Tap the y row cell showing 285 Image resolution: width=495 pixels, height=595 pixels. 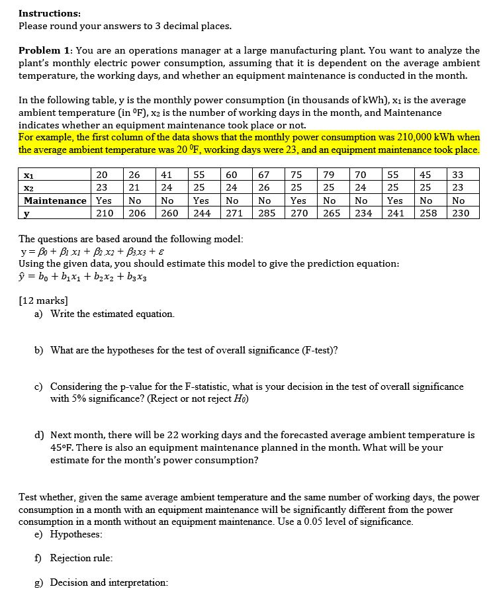coord(267,213)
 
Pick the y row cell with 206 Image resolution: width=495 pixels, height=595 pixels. coord(137,213)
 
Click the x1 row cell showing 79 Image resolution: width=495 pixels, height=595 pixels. coord(329,175)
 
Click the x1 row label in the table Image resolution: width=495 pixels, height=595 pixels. coord(28,175)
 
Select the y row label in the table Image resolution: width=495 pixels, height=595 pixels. coord(26,213)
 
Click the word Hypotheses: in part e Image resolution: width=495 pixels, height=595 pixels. coord(77,534)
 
